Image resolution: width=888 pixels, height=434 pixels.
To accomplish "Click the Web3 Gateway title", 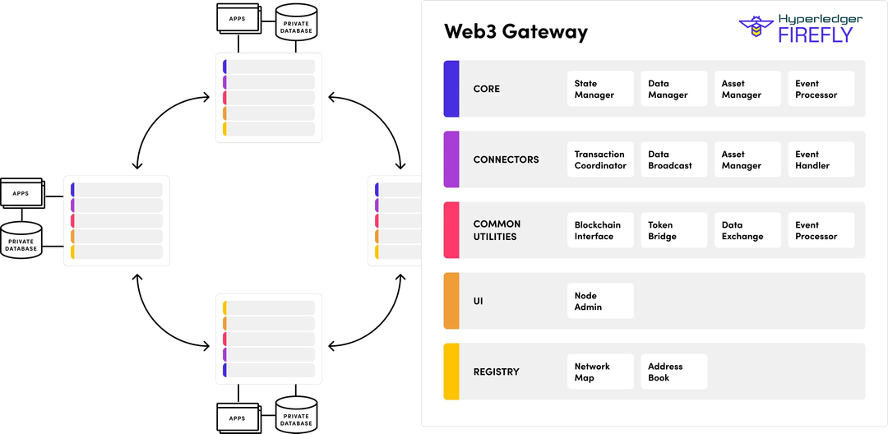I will (516, 32).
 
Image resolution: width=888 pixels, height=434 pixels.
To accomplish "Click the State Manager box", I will (600, 89).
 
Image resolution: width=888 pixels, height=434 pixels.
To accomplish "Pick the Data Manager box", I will (673, 89).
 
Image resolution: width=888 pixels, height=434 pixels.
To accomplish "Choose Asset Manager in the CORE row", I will (747, 89).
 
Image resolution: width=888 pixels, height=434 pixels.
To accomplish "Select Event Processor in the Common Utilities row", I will (821, 230).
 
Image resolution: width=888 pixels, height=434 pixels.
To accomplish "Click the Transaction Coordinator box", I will (600, 159).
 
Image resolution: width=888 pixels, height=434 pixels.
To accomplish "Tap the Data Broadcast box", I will (673, 159).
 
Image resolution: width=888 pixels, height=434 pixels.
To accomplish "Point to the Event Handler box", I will (821, 159).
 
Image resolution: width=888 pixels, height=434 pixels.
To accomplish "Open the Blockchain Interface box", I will (600, 230).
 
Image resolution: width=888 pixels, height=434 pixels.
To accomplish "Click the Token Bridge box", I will (673, 230).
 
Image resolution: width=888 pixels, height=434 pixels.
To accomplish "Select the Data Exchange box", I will (747, 230).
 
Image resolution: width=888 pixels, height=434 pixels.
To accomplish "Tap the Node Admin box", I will (600, 301).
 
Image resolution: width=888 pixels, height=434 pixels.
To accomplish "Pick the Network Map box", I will (600, 372).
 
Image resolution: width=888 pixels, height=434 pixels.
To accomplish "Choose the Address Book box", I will (673, 372).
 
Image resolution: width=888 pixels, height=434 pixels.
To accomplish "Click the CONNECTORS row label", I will (506, 159).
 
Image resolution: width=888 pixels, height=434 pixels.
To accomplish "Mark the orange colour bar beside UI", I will (451, 301).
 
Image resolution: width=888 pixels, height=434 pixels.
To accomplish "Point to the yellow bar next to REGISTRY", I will (451, 372).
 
